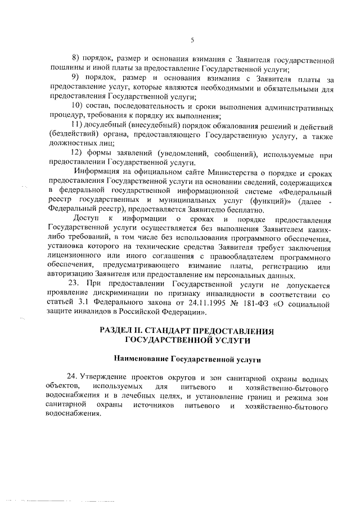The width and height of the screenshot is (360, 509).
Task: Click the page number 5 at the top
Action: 192,39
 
